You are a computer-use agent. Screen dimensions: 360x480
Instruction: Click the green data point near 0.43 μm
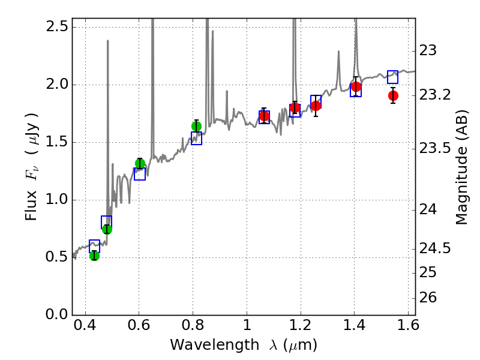pyautogui.click(x=94, y=256)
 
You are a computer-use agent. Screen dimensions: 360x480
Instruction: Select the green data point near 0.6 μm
pyautogui.click(x=140, y=164)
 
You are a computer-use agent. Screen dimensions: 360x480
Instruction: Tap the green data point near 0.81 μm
pyautogui.click(x=196, y=126)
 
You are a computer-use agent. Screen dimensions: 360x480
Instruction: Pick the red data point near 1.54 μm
pyautogui.click(x=393, y=95)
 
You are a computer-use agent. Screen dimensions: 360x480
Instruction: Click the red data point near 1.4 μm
pyautogui.click(x=356, y=87)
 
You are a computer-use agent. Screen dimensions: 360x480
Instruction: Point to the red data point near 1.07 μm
pyautogui.click(x=264, y=116)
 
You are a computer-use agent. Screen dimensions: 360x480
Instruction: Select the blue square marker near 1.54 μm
pyautogui.click(x=393, y=77)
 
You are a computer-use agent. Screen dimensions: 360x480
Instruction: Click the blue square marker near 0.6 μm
pyautogui.click(x=140, y=174)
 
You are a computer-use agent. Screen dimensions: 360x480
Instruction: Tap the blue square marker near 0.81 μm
pyautogui.click(x=196, y=139)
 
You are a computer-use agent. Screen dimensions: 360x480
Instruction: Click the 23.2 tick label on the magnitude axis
pyautogui.click(x=436, y=95)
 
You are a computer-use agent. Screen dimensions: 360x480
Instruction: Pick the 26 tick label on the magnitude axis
pyautogui.click(x=429, y=298)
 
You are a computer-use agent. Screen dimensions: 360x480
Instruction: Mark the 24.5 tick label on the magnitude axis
pyautogui.click(x=436, y=248)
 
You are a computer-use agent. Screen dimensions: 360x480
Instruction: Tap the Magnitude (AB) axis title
pyautogui.click(x=461, y=170)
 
